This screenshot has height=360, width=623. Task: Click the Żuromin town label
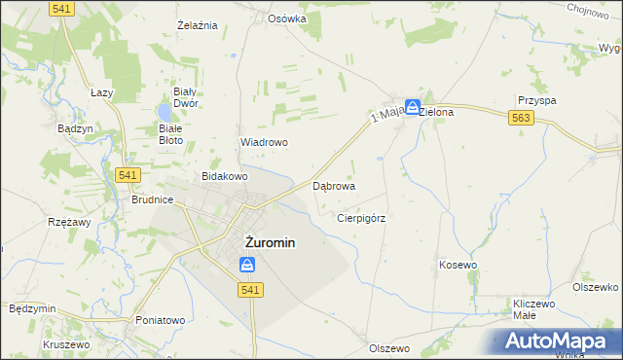pyautogui.click(x=263, y=243)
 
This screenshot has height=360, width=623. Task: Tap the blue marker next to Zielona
pyautogui.click(x=413, y=107)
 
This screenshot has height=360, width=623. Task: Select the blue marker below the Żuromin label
pyautogui.click(x=247, y=265)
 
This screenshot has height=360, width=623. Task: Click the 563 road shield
pyautogui.click(x=520, y=117)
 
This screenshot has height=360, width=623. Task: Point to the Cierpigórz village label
pyautogui.click(x=361, y=219)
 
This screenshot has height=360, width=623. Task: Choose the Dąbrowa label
pyautogui.click(x=333, y=185)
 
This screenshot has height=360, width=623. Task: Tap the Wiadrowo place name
pyautogui.click(x=264, y=142)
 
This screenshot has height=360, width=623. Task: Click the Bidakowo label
pyautogui.click(x=225, y=177)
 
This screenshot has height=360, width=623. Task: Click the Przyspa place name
pyautogui.click(x=537, y=100)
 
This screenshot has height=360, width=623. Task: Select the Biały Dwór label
pyautogui.click(x=186, y=96)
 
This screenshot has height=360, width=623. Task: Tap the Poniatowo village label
pyautogui.click(x=161, y=320)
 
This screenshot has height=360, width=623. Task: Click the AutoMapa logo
pyautogui.click(x=560, y=341)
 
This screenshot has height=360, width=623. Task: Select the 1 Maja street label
pyautogui.click(x=386, y=116)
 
